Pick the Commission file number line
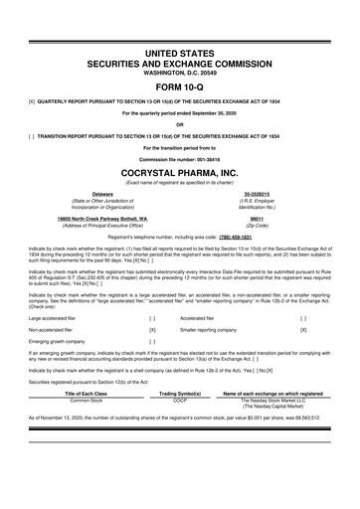pos(179,159)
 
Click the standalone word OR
pos(179,124)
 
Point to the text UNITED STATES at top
pos(179,38)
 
